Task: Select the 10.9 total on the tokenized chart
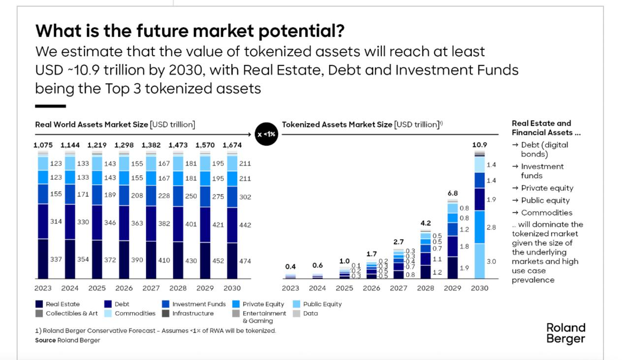click(x=479, y=145)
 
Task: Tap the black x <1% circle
click(x=266, y=134)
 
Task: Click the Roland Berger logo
click(x=566, y=333)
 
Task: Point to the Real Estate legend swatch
click(x=39, y=304)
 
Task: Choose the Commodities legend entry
click(x=135, y=313)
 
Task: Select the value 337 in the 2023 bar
click(x=56, y=260)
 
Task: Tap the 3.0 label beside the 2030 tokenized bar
click(x=491, y=262)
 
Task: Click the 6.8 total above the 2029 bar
click(x=452, y=194)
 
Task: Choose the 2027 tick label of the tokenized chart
click(x=399, y=288)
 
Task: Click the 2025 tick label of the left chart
click(x=97, y=288)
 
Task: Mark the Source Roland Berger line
click(x=67, y=340)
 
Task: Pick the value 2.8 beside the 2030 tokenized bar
click(x=491, y=228)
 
